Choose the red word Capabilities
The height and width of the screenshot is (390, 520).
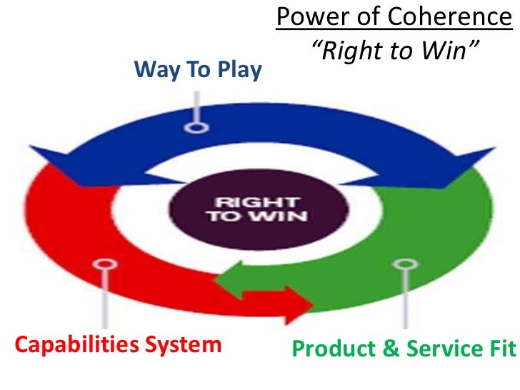(x=78, y=345)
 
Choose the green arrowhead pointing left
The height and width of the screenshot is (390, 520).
(x=230, y=277)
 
